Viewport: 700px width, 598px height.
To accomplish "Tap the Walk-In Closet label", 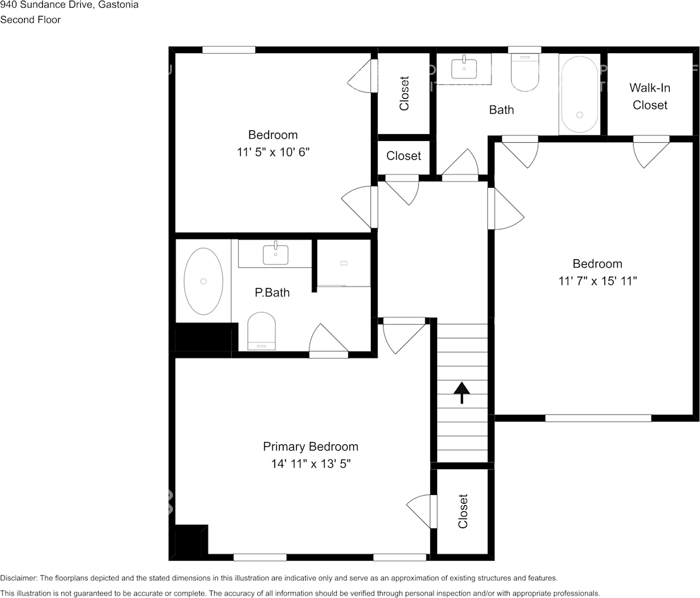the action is coord(649,97).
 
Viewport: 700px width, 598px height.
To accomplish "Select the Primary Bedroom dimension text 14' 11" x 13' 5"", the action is coord(311,464).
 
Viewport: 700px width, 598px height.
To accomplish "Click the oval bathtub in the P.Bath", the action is coord(203,281).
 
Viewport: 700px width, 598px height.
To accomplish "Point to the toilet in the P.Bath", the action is coord(261,331).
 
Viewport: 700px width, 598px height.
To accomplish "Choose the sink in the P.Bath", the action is coord(275,253).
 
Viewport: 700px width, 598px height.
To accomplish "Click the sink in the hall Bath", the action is coord(464,66).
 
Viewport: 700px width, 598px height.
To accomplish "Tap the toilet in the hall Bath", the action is coord(524,73).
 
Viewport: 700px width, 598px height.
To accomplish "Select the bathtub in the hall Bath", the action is coord(579,94).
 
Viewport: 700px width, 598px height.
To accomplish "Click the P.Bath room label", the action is coord(272,293).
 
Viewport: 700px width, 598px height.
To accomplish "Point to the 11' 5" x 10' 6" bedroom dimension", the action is coord(273,152).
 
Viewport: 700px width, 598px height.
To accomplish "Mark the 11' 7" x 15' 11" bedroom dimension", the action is coord(597,281).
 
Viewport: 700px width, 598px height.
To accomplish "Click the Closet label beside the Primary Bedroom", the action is coord(463,511).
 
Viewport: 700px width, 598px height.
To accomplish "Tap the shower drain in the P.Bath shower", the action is coord(344,263).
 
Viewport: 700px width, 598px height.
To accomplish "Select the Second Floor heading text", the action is coord(30,20).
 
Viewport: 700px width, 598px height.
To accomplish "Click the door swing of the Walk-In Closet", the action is coord(651,152).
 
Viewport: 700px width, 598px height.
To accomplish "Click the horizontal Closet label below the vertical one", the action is coord(404,156).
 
